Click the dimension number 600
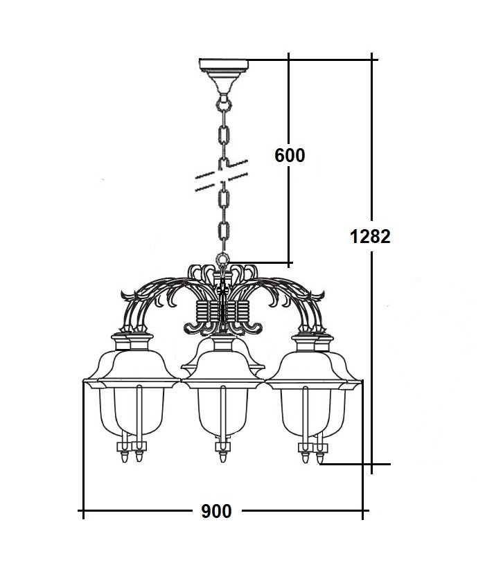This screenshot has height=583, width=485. click(290, 155)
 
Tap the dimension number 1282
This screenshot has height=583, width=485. click(371, 237)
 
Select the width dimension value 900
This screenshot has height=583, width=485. click(216, 511)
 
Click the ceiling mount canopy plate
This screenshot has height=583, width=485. click(224, 65)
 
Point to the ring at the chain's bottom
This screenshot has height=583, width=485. click(223, 259)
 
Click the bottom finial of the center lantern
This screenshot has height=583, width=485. click(223, 456)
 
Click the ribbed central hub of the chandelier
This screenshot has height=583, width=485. click(222, 311)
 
